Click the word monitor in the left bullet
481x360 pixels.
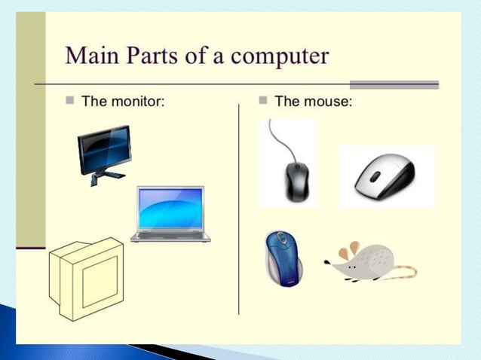point(136,101)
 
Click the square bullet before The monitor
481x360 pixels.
point(69,101)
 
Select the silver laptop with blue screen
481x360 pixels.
point(170,214)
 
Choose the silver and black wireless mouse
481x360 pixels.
point(385,176)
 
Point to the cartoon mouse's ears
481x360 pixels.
point(348,251)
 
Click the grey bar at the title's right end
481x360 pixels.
point(394,84)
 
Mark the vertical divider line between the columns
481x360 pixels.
point(239,211)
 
